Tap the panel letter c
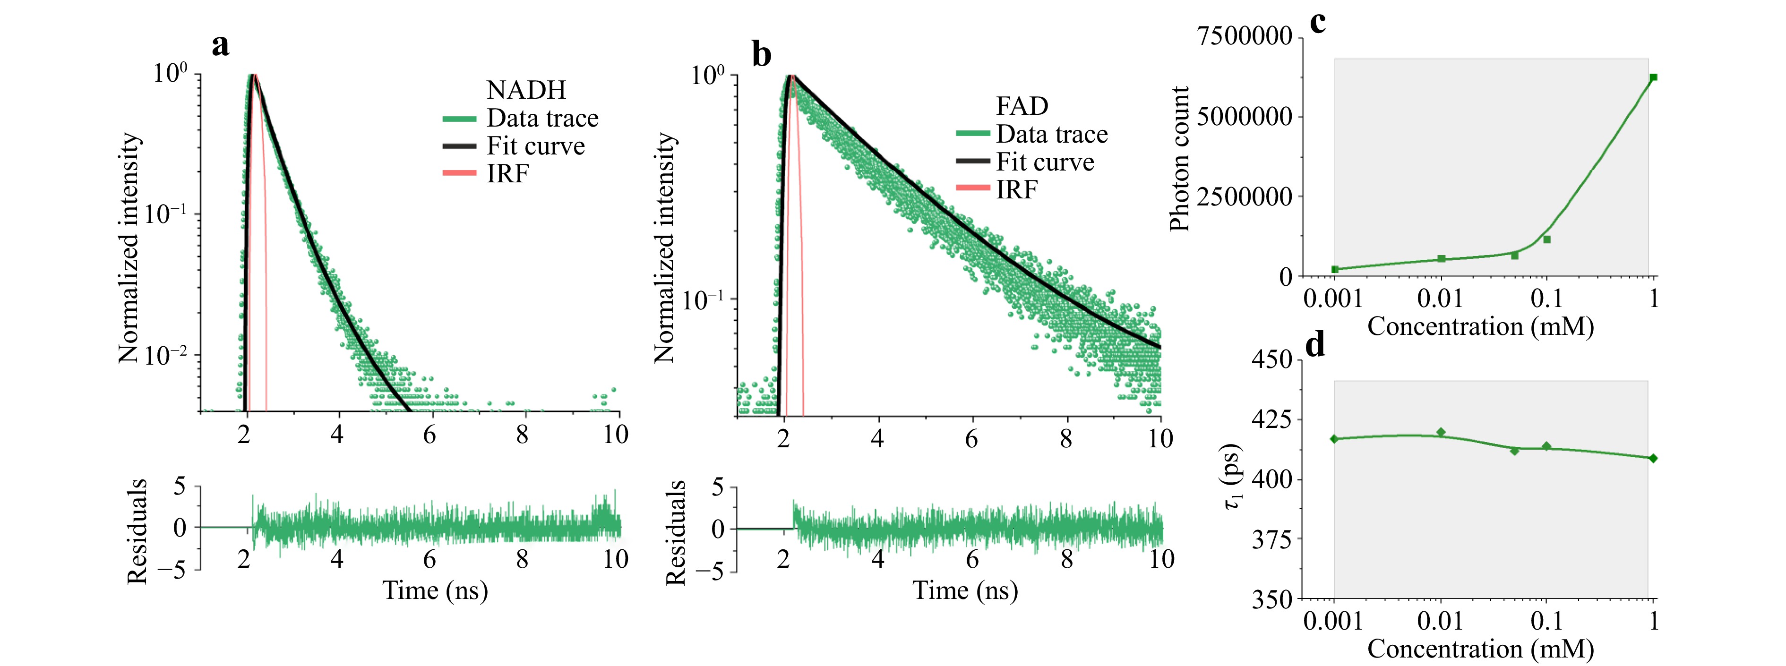point(1317,22)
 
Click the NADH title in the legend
point(526,90)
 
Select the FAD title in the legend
point(1022,106)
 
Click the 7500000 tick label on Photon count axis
point(1245,36)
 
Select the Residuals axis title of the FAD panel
point(675,532)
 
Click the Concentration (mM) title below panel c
point(1480,326)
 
